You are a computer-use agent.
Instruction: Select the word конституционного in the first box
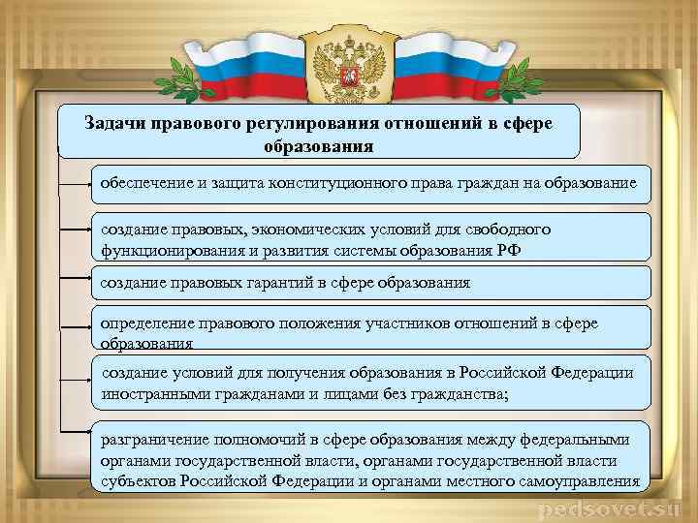pos(341,182)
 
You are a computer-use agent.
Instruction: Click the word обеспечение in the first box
pos(146,182)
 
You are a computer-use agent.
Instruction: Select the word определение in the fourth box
pos(146,323)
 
